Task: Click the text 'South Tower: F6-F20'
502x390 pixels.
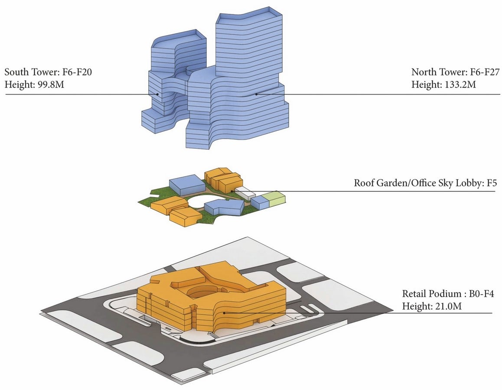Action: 49,72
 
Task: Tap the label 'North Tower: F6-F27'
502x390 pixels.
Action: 455,72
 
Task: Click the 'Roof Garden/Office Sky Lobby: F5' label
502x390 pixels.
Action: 425,183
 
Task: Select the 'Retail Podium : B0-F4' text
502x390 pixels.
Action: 448,294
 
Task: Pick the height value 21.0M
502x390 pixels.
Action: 448,306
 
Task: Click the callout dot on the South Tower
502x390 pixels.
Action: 157,94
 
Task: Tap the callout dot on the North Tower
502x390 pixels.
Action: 256,94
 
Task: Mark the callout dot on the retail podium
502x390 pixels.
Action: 225,313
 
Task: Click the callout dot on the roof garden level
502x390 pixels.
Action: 232,192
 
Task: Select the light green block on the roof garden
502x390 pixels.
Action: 276,199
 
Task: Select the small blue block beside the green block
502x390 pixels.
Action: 260,202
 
